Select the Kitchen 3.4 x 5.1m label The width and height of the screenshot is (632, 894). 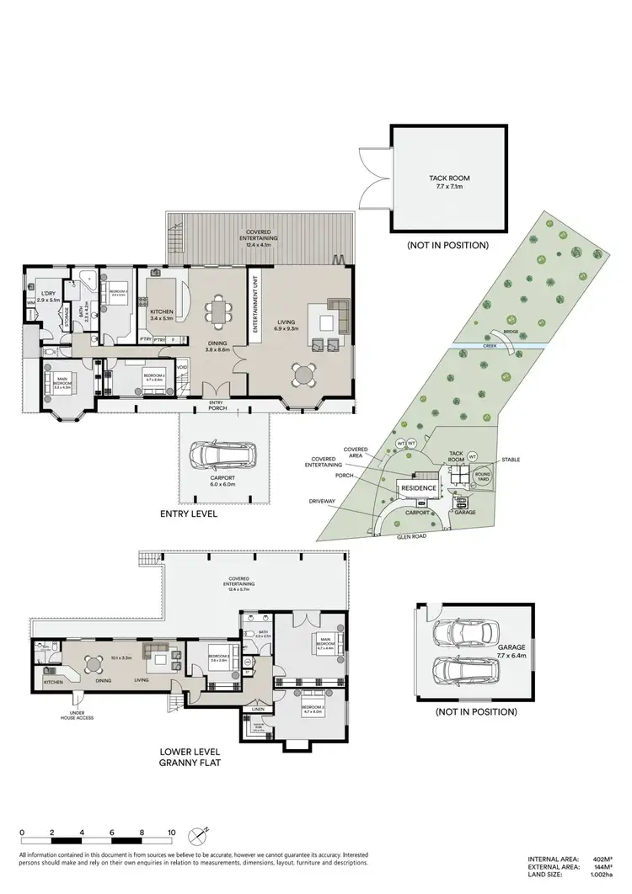pyautogui.click(x=161, y=315)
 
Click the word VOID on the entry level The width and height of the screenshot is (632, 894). pyautogui.click(x=182, y=367)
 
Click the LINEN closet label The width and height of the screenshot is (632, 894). pyautogui.click(x=256, y=710)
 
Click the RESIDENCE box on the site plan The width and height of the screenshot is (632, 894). pyautogui.click(x=418, y=488)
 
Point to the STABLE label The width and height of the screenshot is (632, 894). pyautogui.click(x=511, y=460)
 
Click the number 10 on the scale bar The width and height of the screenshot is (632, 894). pyautogui.click(x=171, y=832)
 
